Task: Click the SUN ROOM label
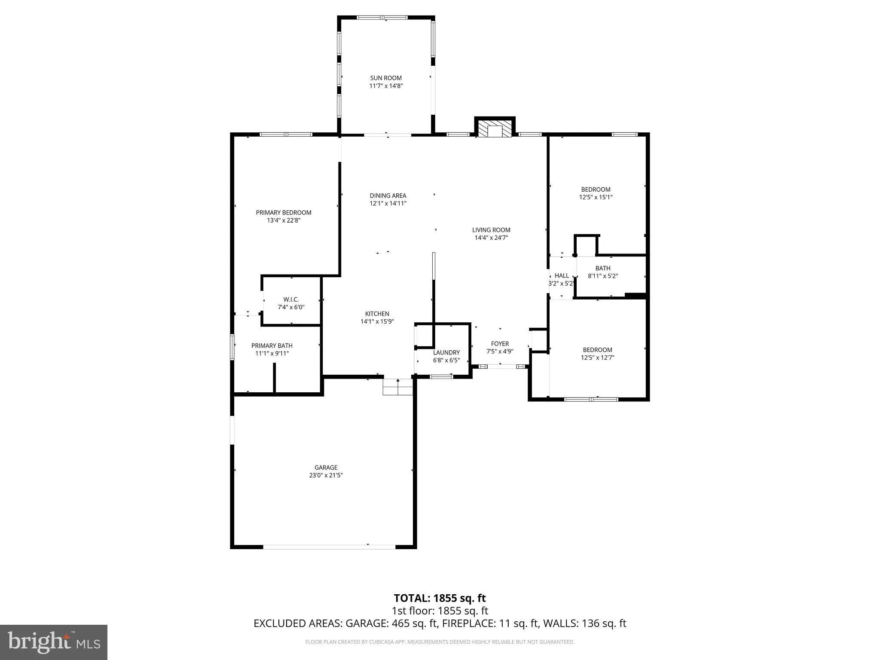coord(386,78)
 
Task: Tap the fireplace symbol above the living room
coord(495,128)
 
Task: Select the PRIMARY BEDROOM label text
coord(284,212)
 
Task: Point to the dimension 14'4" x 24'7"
coord(491,238)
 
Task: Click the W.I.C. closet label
coord(291,299)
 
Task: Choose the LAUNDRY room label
coord(446,352)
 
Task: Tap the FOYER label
coord(500,344)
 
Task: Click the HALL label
coord(562,275)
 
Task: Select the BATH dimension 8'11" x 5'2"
coord(602,276)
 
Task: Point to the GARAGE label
coord(326,467)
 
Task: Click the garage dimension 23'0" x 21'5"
coord(326,475)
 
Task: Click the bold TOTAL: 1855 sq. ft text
coord(440,598)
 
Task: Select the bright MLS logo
coord(54,642)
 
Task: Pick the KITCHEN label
coord(377,314)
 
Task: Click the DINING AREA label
coord(388,196)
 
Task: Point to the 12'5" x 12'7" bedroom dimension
coord(597,357)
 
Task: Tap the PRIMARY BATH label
coord(272,345)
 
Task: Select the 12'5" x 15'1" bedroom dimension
coord(596,197)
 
